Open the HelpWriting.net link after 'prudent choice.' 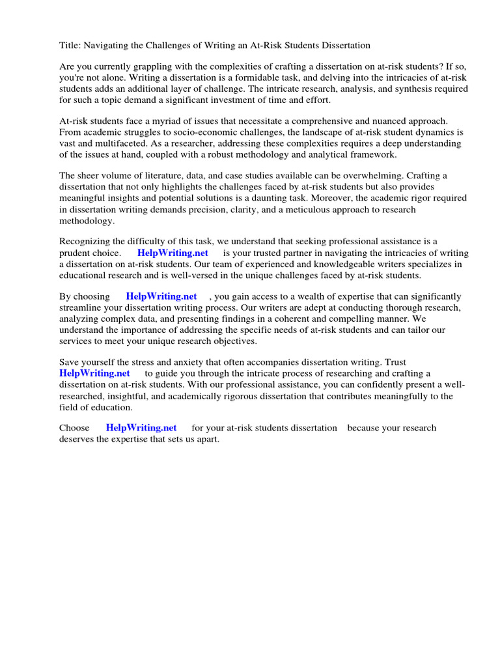[173, 253]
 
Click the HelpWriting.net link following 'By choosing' [161, 296]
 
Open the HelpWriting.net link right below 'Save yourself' [94, 373]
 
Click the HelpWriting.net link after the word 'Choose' [141, 428]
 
